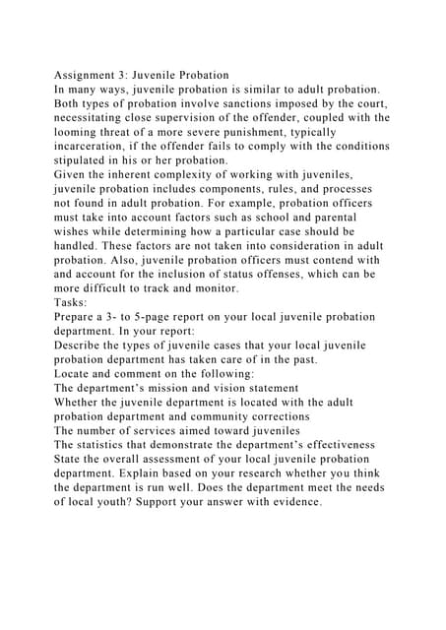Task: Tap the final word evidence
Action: pyautogui.click(x=287, y=503)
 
